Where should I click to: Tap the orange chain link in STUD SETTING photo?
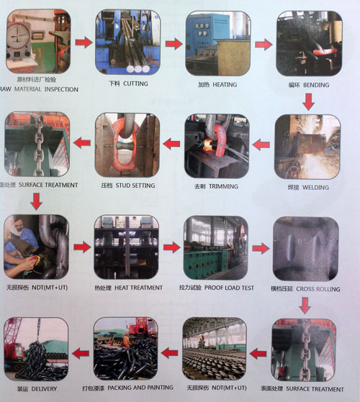pyautogui.click(x=126, y=143)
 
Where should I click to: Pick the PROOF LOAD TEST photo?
pyautogui.click(x=216, y=247)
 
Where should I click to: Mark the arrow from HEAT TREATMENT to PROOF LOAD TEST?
pyautogui.click(x=171, y=248)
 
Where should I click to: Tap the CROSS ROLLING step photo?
pyautogui.click(x=305, y=247)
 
